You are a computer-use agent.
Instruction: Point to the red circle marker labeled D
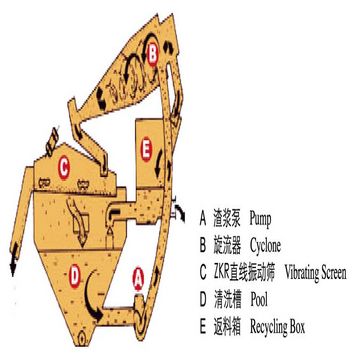(x=75, y=276)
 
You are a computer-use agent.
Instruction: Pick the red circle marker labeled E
(x=146, y=150)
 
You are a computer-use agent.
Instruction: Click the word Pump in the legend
(x=260, y=220)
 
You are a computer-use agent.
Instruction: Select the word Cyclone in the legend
(x=265, y=246)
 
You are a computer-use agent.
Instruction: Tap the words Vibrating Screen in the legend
(x=315, y=273)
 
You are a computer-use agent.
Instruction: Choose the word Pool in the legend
(x=259, y=300)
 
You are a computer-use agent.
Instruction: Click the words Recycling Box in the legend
(x=277, y=327)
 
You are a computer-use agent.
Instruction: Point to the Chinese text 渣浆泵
(x=227, y=220)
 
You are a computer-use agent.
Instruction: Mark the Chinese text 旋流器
(x=227, y=247)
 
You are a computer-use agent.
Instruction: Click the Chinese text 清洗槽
(x=227, y=300)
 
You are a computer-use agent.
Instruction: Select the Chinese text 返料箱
(x=227, y=327)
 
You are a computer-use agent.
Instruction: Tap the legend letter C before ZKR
(x=203, y=273)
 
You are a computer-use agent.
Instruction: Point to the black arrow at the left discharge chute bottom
(x=13, y=263)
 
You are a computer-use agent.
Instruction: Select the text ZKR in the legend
(x=221, y=273)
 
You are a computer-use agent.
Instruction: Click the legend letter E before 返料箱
(x=203, y=327)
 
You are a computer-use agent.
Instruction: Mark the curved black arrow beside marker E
(x=159, y=164)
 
